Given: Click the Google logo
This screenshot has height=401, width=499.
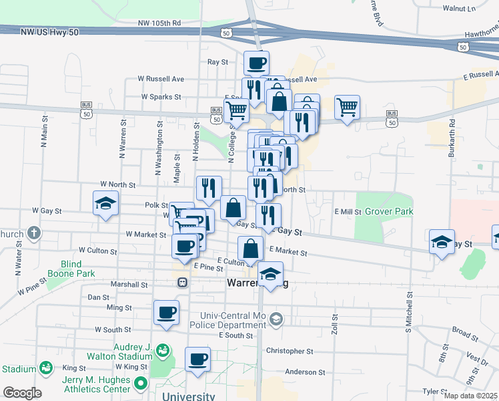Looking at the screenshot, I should (x=21, y=393).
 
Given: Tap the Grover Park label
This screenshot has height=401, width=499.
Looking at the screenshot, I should (x=388, y=211).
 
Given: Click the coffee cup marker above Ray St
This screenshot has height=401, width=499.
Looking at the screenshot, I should (x=257, y=64).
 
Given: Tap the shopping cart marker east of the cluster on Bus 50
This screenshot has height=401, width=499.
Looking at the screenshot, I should (x=347, y=107).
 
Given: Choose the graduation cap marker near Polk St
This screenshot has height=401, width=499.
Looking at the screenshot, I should (x=105, y=203).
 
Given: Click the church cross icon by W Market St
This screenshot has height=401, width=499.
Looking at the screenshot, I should (x=34, y=234).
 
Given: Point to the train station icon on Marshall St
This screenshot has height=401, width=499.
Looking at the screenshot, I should (x=181, y=283).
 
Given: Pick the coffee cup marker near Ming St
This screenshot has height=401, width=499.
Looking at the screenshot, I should (x=166, y=311).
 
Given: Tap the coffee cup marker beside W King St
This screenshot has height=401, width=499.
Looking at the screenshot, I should (x=197, y=359).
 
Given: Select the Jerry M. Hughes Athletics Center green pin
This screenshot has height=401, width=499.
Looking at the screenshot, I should (x=140, y=384).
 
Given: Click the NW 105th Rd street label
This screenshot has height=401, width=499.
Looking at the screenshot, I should (x=159, y=23).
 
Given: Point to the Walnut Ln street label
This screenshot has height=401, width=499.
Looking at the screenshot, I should (x=459, y=9).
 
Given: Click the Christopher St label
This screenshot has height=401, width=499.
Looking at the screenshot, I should (x=290, y=351).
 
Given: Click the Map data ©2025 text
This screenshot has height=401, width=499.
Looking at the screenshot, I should (x=470, y=396).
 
